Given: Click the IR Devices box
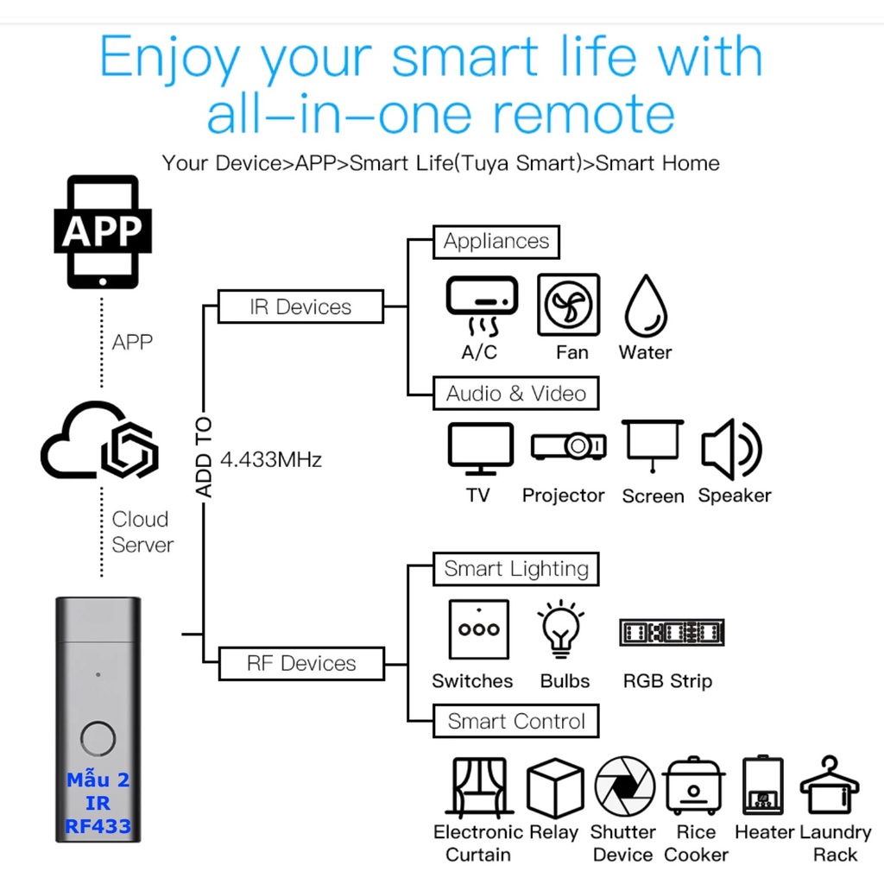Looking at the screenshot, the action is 300,307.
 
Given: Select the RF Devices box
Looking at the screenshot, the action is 300,664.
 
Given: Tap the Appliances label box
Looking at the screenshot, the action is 496,242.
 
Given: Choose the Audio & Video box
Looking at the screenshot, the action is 515,394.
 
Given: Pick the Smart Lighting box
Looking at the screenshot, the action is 515,569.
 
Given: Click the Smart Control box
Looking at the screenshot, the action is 515,722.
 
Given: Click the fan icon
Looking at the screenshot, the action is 568,306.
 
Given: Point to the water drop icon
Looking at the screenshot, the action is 645,306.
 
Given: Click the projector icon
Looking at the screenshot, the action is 567,445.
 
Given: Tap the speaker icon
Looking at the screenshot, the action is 730,449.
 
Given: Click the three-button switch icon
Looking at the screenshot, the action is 478,630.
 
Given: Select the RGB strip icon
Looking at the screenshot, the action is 672,633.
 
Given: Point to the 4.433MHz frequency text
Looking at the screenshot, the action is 271,459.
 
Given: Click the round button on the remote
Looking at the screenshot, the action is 98,739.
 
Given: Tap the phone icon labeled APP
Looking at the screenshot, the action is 102,231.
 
